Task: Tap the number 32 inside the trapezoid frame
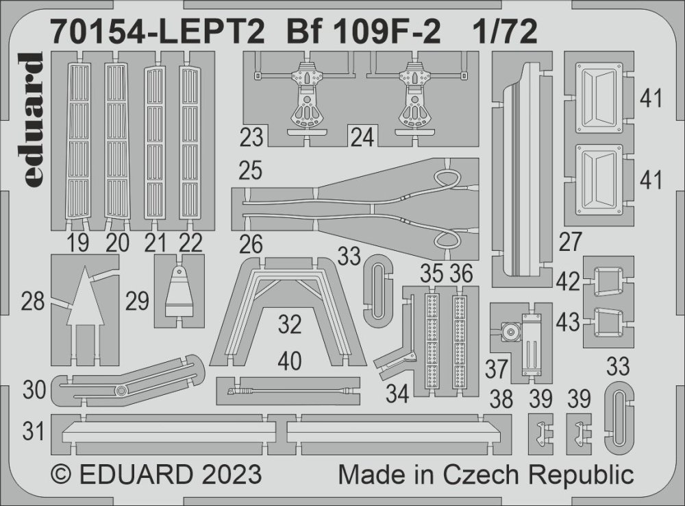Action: click(290, 324)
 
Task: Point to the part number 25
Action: click(252, 170)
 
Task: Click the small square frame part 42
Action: click(606, 280)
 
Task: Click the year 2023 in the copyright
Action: click(227, 475)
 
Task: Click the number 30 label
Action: click(34, 391)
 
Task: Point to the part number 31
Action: click(34, 432)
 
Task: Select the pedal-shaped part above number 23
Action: click(303, 96)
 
